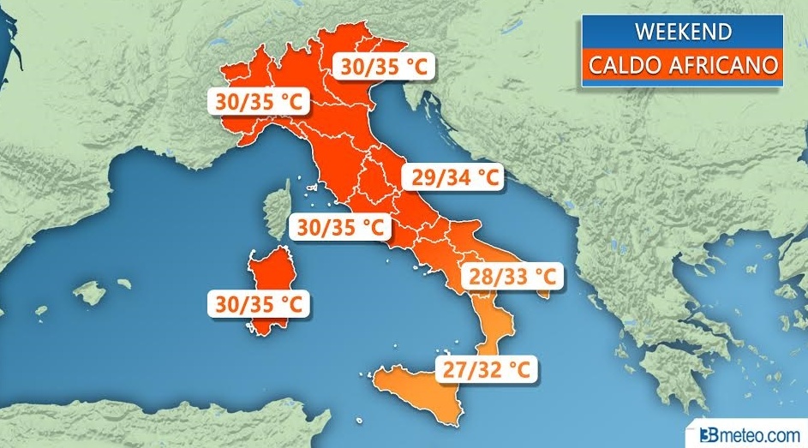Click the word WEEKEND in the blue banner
click(x=682, y=32)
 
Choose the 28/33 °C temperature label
click(x=512, y=277)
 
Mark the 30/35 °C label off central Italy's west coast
click(x=339, y=227)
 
